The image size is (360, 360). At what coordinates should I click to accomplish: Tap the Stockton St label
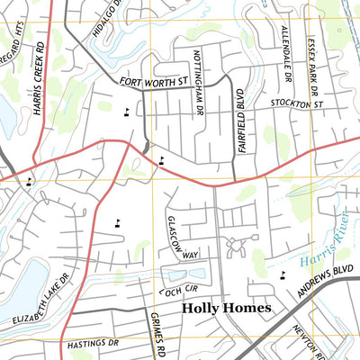coord(297,105)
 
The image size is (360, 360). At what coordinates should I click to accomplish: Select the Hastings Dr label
coord(93,344)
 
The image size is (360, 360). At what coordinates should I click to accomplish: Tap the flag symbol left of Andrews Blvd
coord(283,274)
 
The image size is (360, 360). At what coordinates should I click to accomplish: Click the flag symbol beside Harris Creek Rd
coord(30,181)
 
